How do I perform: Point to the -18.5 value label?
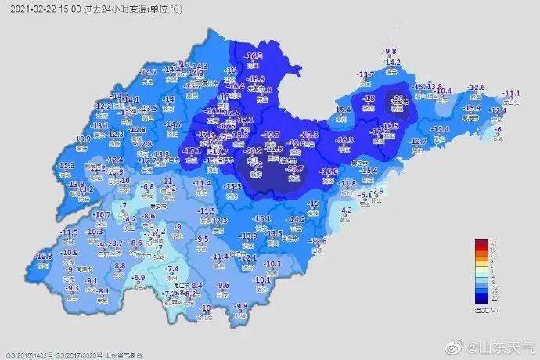(391, 126)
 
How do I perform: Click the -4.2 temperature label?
(347, 210)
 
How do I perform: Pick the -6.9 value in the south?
(139, 278)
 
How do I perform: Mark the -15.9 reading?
(471, 108)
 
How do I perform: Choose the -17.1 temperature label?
(191, 148)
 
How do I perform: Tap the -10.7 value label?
(101, 214)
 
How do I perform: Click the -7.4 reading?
(174, 269)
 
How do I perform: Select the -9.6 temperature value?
(223, 285)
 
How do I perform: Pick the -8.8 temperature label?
(120, 266)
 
